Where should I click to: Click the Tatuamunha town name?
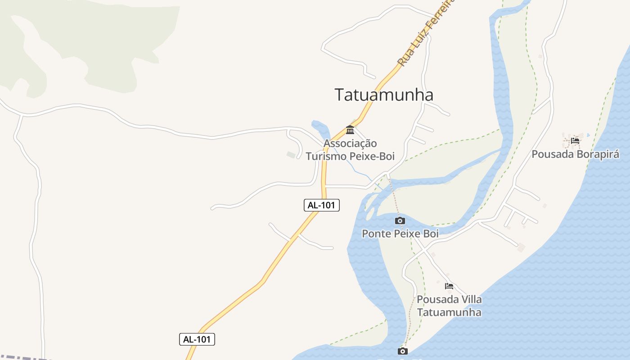click(384, 95)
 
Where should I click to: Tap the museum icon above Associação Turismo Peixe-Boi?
click(350, 130)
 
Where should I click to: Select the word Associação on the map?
click(350, 144)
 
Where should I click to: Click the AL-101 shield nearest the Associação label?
click(322, 205)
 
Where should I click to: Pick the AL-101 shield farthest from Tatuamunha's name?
click(197, 339)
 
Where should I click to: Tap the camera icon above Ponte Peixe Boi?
click(400, 220)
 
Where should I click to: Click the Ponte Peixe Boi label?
click(400, 234)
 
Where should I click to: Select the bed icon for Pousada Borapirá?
click(575, 141)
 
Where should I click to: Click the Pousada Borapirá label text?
click(575, 154)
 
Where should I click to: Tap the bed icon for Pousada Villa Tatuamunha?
click(449, 286)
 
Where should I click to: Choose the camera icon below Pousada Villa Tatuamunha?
click(403, 351)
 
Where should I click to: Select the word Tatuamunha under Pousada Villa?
click(449, 312)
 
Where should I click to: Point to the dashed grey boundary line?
click(22, 357)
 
